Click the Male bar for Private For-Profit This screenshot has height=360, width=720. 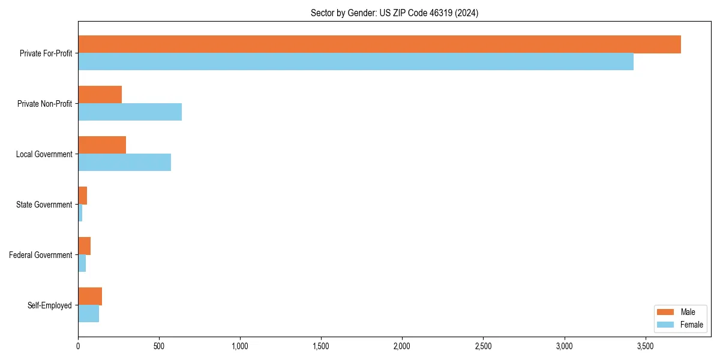pyautogui.click(x=379, y=44)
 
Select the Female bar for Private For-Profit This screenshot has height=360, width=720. pyautogui.click(x=356, y=62)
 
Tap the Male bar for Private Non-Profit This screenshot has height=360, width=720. pyautogui.click(x=100, y=95)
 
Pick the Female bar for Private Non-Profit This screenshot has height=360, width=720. pyautogui.click(x=130, y=112)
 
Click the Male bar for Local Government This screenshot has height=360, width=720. pyautogui.click(x=102, y=145)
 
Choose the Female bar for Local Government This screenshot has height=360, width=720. pyautogui.click(x=124, y=163)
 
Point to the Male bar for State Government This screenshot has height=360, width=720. pyautogui.click(x=83, y=196)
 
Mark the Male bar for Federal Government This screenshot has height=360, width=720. pyautogui.click(x=85, y=246)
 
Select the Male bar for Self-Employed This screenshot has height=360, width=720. pyautogui.click(x=90, y=296)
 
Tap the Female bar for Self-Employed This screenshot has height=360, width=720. pyautogui.click(x=89, y=314)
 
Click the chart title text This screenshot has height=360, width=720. pyautogui.click(x=394, y=13)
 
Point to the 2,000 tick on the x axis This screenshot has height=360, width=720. pyautogui.click(x=402, y=346)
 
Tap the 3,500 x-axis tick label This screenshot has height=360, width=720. pyautogui.click(x=645, y=346)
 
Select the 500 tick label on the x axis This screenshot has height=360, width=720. pyautogui.click(x=159, y=346)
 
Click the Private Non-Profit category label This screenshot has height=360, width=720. pyautogui.click(x=44, y=104)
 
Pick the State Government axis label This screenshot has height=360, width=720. pyautogui.click(x=44, y=205)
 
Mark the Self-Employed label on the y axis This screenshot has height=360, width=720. pyautogui.click(x=50, y=305)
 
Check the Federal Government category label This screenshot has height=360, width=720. pyautogui.click(x=41, y=255)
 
